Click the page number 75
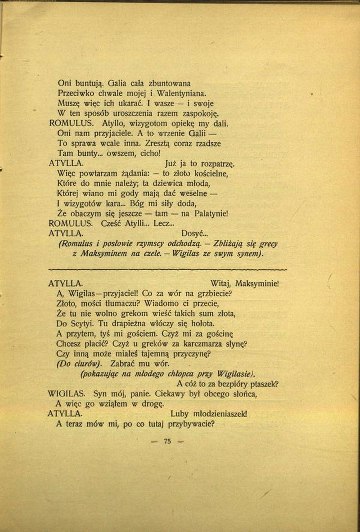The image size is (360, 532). coord(168,441)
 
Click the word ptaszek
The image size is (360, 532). coord(263,384)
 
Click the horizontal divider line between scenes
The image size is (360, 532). coord(166,269)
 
